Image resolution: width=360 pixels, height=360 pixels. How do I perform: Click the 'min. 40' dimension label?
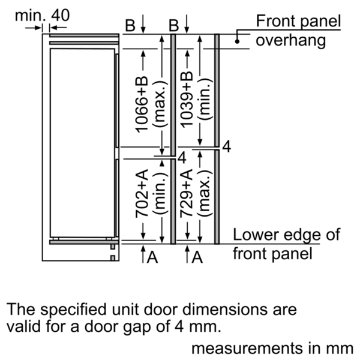42,16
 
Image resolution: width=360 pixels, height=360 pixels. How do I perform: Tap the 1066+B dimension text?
142,104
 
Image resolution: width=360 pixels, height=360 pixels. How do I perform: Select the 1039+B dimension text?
187,100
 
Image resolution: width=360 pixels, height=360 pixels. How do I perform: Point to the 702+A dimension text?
142,193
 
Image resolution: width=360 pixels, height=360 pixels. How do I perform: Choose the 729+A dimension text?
187,193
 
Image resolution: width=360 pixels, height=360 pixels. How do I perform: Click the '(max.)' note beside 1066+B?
160,104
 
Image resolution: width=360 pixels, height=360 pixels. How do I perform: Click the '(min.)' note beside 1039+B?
205,100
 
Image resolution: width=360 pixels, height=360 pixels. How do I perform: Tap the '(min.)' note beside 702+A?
160,193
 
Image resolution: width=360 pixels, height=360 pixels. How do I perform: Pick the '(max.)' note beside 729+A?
205,193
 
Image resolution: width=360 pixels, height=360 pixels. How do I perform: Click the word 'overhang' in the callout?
290,41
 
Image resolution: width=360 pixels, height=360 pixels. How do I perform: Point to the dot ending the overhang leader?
237,41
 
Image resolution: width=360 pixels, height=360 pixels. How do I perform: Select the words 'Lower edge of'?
287,235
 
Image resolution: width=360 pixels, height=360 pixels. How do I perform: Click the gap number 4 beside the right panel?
227,147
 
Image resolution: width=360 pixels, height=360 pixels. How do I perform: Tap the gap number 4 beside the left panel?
182,158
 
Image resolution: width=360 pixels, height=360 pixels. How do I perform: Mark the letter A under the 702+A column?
152,257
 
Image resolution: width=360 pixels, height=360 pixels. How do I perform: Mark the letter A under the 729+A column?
197,257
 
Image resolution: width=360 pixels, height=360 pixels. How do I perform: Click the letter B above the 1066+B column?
130,25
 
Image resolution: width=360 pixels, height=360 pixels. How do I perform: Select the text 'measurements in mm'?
272,348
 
